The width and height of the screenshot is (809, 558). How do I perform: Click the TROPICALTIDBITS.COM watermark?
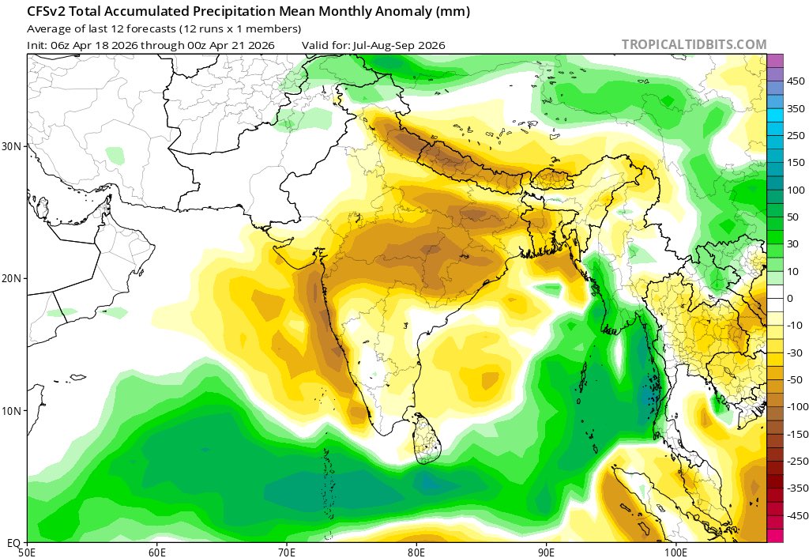click(x=694, y=44)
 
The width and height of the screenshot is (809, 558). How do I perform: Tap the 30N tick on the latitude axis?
click(x=13, y=147)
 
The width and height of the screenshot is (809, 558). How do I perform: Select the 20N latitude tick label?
click(x=13, y=279)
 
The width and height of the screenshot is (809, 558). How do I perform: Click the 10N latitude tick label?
click(x=13, y=411)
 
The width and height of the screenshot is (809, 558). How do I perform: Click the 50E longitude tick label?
click(x=28, y=551)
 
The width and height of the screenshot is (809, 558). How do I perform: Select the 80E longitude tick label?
click(x=416, y=551)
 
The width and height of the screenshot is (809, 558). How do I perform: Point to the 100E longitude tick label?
click(x=675, y=551)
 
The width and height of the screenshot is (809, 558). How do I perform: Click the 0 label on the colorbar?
click(x=790, y=298)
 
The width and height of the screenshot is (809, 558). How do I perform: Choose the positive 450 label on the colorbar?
click(x=793, y=81)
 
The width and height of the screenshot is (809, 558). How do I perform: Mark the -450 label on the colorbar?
click(x=792, y=515)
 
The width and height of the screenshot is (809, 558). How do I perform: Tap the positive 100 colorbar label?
click(x=793, y=190)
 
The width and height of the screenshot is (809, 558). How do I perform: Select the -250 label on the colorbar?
click(x=792, y=461)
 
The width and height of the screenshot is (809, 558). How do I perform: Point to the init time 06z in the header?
click(x=61, y=45)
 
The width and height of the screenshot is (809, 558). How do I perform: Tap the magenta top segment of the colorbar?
click(x=774, y=60)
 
